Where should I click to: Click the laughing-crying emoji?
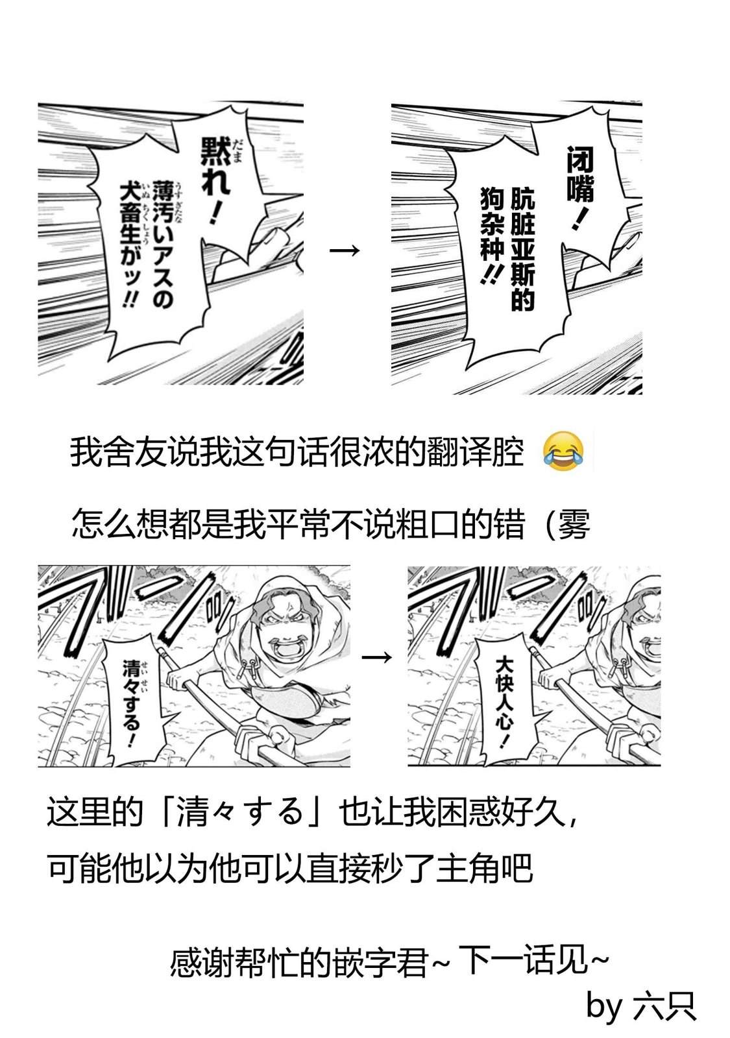(563, 452)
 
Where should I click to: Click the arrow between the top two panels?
(345, 250)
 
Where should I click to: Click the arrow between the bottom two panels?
(376, 657)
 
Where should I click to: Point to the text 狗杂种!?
(492, 236)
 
